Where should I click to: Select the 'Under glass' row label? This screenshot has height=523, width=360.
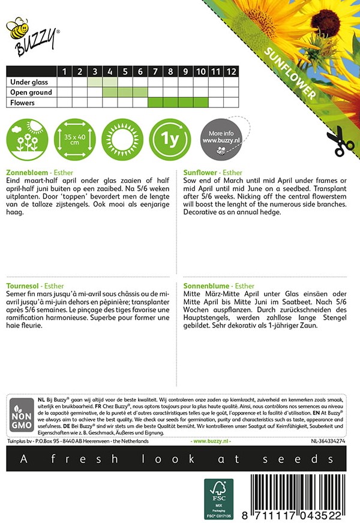pos(30,82)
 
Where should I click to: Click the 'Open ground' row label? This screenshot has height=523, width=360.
pos(30,92)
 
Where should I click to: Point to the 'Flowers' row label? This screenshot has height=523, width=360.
pos(21,103)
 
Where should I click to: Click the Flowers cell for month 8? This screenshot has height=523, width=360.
pos(170,103)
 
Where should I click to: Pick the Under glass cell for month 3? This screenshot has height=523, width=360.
pos(95,82)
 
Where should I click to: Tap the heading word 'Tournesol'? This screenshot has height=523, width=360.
pos(22,286)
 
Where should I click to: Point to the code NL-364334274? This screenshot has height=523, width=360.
pos(328,441)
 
